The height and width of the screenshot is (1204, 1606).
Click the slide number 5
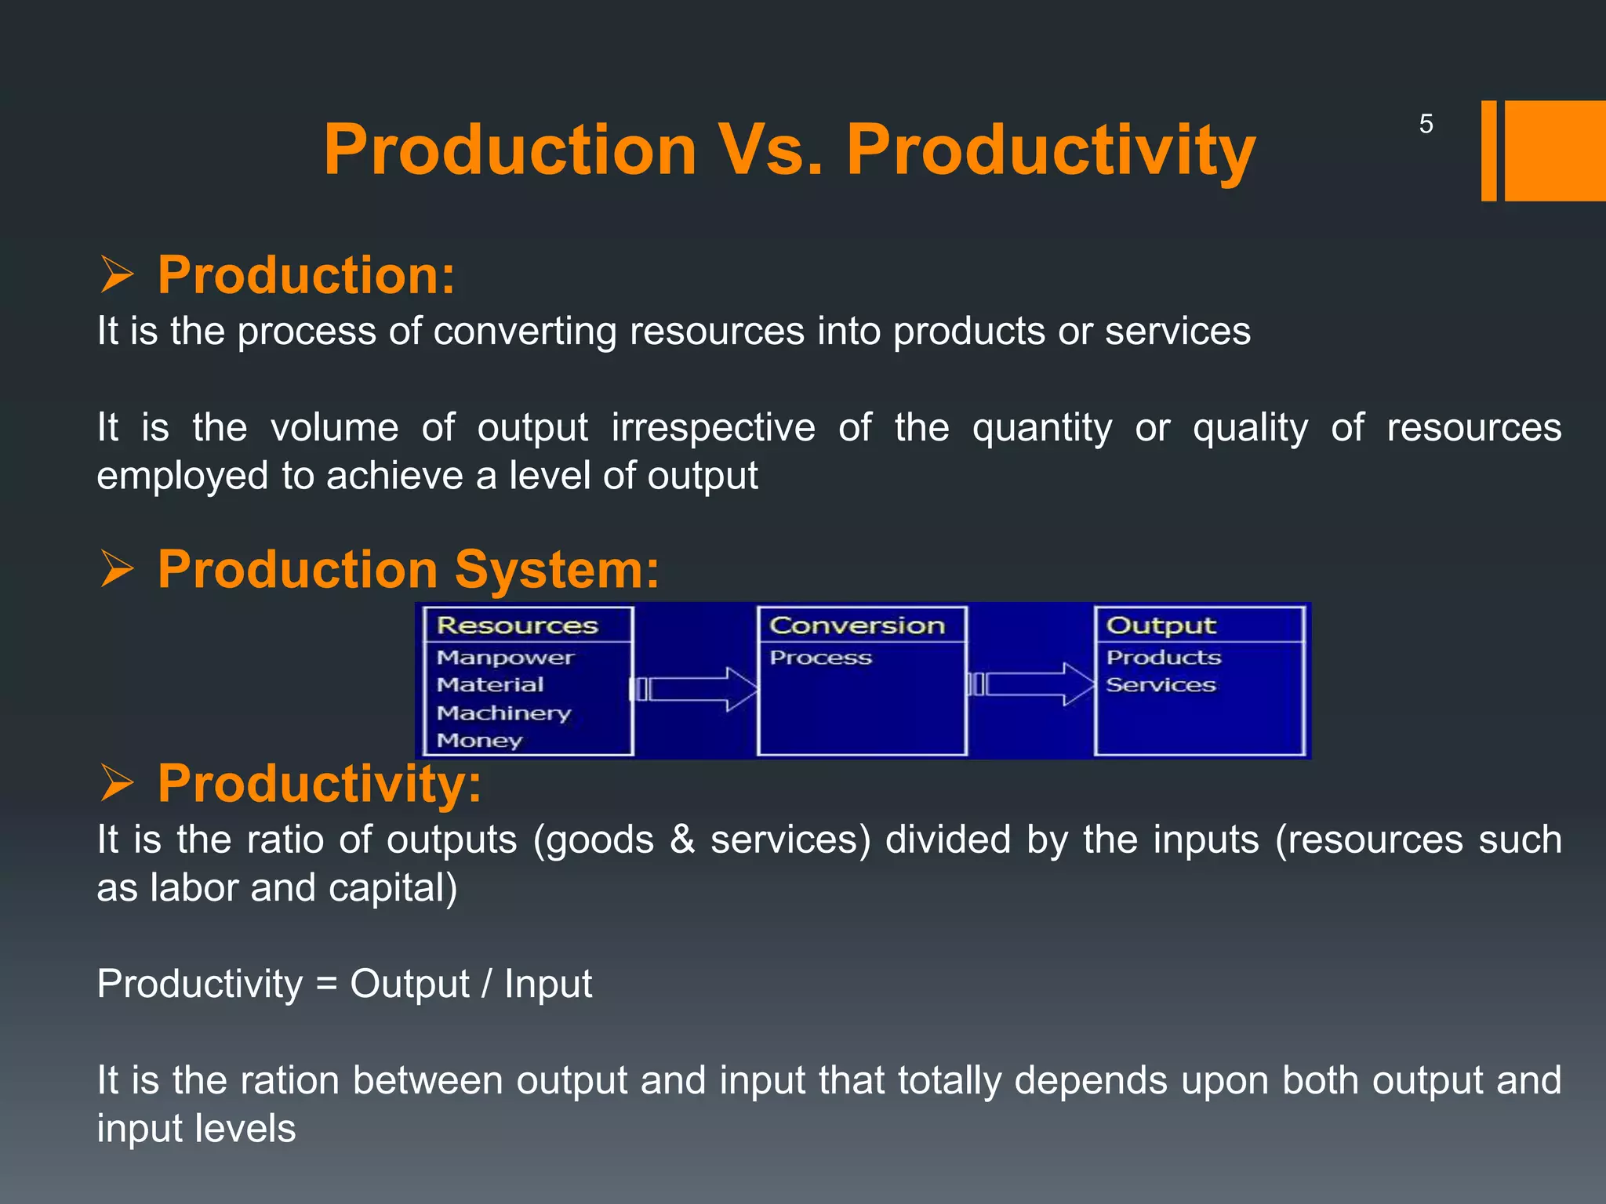pyautogui.click(x=1426, y=124)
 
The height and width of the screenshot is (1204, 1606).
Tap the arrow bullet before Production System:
pyautogui.click(x=117, y=569)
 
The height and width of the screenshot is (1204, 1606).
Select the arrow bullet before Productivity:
pyautogui.click(x=117, y=783)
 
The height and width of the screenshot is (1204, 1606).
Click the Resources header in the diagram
pyautogui.click(x=518, y=626)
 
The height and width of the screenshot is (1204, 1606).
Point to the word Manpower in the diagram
pyautogui.click(x=506, y=658)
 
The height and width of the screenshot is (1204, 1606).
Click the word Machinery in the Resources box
pyautogui.click(x=503, y=713)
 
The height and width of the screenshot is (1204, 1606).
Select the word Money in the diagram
pyautogui.click(x=479, y=740)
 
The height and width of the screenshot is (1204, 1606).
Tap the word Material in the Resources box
pyautogui.click(x=490, y=685)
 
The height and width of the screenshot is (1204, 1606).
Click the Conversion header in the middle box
pyautogui.click(x=857, y=626)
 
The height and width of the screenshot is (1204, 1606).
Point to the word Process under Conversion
pyautogui.click(x=820, y=658)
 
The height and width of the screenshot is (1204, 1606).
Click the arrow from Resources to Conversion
pyautogui.click(x=696, y=689)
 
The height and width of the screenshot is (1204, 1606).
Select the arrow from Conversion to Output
pyautogui.click(x=1034, y=684)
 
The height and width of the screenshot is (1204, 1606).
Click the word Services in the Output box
pyautogui.click(x=1161, y=685)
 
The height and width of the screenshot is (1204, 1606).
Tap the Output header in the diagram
pyautogui.click(x=1161, y=626)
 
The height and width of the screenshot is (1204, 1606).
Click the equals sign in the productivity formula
pyautogui.click(x=326, y=985)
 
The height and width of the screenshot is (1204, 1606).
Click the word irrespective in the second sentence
pyautogui.click(x=713, y=428)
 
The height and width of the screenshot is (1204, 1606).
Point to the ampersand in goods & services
pyautogui.click(x=682, y=840)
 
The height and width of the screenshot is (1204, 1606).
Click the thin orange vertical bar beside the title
pyautogui.click(x=1488, y=150)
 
